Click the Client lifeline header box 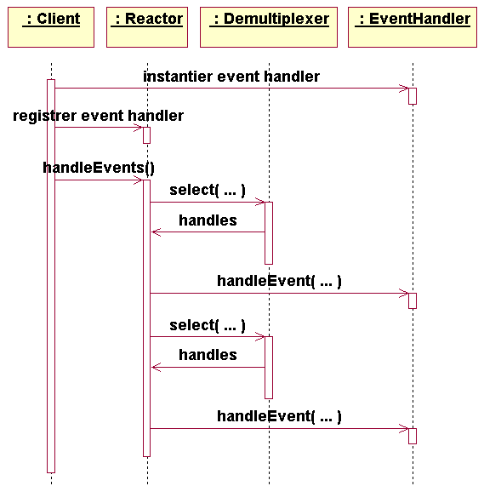(x=51, y=27)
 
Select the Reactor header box (x=147, y=27)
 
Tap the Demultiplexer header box (x=269, y=27)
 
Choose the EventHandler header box (x=413, y=27)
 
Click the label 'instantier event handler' (x=231, y=77)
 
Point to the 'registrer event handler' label (x=98, y=116)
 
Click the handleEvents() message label (x=99, y=168)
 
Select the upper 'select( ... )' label (x=208, y=190)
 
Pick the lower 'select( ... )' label (x=208, y=325)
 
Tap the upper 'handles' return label (x=208, y=220)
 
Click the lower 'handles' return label (x=208, y=355)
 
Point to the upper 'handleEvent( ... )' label (x=279, y=281)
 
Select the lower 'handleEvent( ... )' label (x=279, y=416)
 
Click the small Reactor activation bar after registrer (x=147, y=135)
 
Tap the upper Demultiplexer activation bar (x=269, y=233)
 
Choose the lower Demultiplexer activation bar (x=269, y=368)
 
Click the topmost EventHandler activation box (x=413, y=96)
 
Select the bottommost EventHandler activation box (x=413, y=436)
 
